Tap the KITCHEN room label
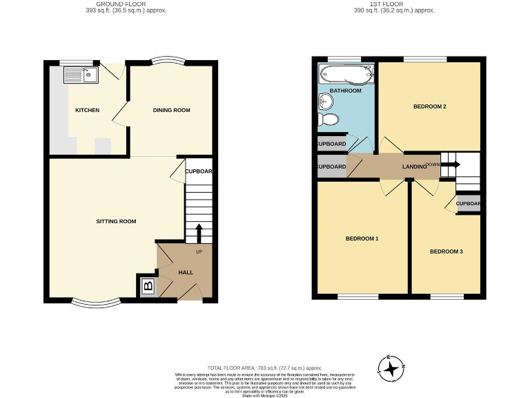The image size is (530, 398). tap(88, 111)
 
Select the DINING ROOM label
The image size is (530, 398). tap(171, 111)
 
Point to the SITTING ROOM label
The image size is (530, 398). tap(116, 222)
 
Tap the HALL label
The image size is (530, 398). tap(186, 272)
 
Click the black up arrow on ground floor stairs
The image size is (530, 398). tap(199, 231)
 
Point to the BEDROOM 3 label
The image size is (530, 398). tap(446, 252)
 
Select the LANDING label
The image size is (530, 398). tap(413, 167)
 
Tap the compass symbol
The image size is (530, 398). tap(392, 368)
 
